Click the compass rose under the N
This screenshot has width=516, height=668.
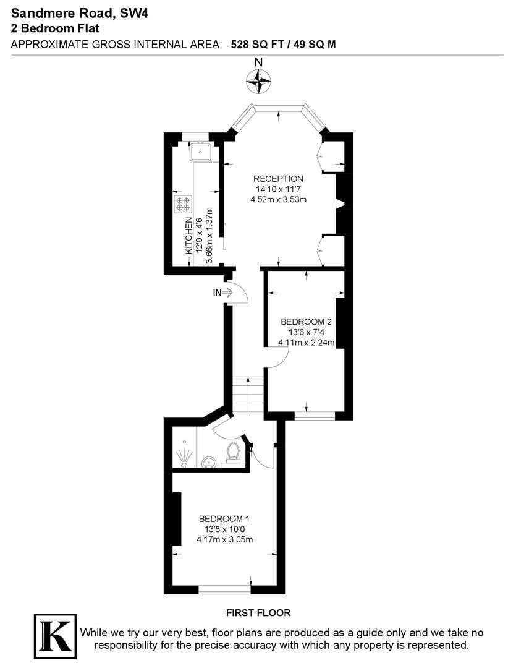click(258, 81)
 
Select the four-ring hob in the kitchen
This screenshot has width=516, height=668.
click(183, 203)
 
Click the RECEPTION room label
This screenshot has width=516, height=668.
click(279, 179)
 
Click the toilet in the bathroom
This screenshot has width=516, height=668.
click(233, 452)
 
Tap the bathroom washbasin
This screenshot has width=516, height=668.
click(209, 462)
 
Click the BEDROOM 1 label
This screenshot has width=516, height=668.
click(224, 519)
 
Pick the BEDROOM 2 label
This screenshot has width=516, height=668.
click(306, 322)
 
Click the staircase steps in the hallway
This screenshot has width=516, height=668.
click(248, 395)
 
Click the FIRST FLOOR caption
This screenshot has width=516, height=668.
click(258, 613)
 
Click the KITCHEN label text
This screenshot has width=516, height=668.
click(188, 236)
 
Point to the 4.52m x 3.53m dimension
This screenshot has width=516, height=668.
click(279, 199)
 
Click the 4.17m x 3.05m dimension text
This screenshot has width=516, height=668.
click(225, 539)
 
